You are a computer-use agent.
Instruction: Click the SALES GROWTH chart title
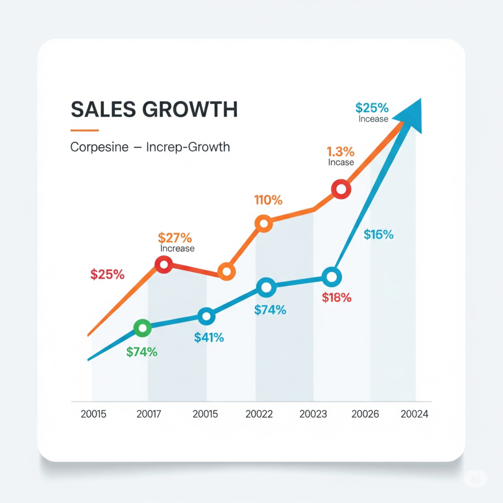point(154,109)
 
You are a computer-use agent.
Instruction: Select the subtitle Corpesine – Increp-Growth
point(150,147)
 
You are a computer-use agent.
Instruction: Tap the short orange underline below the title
point(84,130)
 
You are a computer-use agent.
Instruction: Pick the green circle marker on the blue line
point(143,328)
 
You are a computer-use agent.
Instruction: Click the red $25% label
point(107,275)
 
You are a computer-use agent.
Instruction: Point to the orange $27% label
point(175,238)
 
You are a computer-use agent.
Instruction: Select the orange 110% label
point(268,200)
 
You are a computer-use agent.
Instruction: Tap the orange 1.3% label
point(340,152)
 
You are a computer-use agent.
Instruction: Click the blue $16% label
point(379,235)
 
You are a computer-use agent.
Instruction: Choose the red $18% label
point(336,297)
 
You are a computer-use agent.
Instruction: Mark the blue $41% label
point(209,337)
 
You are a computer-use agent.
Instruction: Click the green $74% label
point(141,352)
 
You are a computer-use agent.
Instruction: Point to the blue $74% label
point(270,310)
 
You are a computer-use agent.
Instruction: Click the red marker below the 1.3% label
point(341,189)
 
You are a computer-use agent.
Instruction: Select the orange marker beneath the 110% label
point(264,224)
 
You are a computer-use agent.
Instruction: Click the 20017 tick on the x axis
point(149,414)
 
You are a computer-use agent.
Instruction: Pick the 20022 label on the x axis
point(259,414)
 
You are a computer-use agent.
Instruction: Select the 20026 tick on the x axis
point(365,414)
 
